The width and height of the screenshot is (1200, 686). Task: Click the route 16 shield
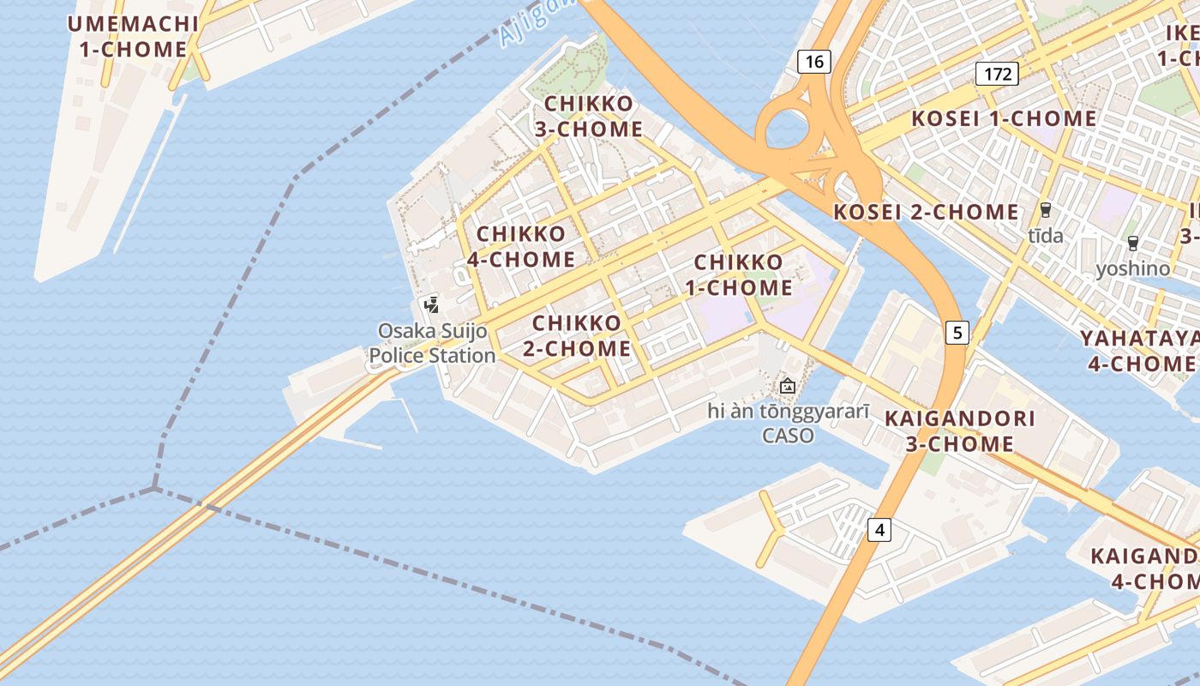click(814, 61)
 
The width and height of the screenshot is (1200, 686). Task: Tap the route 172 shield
click(998, 74)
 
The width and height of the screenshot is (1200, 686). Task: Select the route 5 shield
click(957, 332)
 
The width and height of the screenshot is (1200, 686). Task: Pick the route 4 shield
click(879, 530)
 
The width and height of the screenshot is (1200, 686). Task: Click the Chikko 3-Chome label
click(589, 117)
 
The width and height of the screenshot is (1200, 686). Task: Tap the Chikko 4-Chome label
click(521, 246)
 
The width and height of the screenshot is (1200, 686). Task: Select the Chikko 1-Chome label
click(738, 274)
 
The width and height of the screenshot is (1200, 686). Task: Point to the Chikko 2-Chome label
click(582, 336)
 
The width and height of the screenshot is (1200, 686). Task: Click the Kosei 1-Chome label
click(1004, 118)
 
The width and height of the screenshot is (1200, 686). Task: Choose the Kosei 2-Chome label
click(927, 212)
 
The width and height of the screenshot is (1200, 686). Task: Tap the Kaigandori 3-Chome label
click(959, 431)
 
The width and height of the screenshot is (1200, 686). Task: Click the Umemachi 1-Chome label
click(133, 36)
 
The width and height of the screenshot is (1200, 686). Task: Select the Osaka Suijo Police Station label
click(433, 343)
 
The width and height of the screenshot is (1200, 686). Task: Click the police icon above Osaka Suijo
click(431, 304)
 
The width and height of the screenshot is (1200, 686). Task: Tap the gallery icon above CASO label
click(788, 386)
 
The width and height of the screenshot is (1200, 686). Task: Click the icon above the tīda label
click(1045, 210)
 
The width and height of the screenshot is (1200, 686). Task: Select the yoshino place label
click(1132, 268)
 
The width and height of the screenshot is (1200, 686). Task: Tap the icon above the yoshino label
click(1133, 244)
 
